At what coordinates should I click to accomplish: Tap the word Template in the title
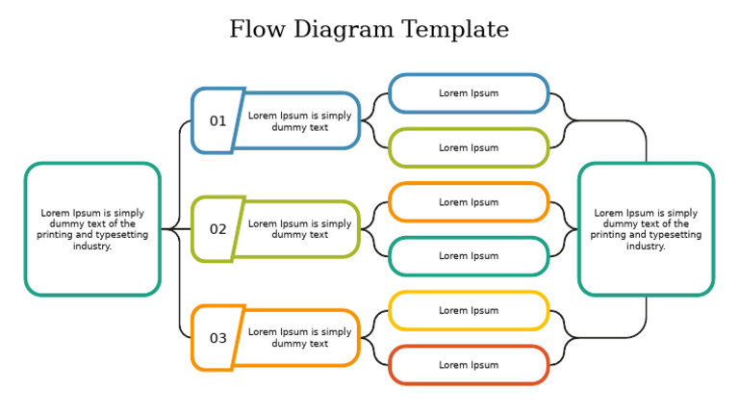tap(455, 30)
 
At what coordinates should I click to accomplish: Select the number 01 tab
tap(217, 121)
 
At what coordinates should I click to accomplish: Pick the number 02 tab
tap(217, 229)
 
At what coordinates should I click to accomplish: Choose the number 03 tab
tap(217, 338)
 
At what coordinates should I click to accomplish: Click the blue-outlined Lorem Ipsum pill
tap(469, 93)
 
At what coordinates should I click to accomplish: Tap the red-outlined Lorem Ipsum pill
tap(469, 365)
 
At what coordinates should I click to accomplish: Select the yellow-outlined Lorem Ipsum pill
tap(469, 311)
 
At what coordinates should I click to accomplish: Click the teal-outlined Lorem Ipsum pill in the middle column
tap(469, 256)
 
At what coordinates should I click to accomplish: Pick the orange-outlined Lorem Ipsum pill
tap(469, 202)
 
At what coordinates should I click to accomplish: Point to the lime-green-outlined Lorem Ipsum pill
tap(469, 148)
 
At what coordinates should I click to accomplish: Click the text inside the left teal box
tap(92, 229)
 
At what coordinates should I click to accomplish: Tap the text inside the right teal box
tap(646, 229)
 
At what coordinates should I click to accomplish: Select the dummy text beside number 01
tap(299, 121)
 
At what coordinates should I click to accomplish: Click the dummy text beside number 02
tap(299, 229)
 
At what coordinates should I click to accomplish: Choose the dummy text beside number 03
tap(299, 338)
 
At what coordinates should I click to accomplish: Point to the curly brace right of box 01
tap(374, 121)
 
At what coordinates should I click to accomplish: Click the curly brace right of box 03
tap(374, 338)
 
